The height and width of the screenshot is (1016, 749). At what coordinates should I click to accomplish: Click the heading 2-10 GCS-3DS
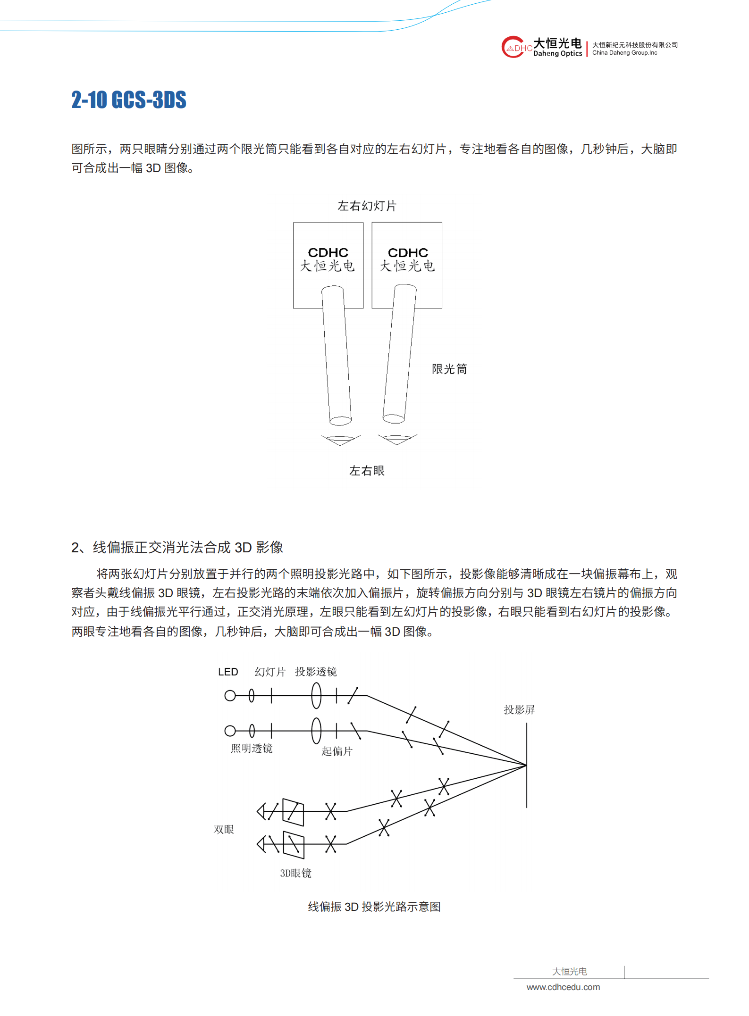coord(129,100)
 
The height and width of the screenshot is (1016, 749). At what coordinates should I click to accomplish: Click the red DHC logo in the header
coord(515,47)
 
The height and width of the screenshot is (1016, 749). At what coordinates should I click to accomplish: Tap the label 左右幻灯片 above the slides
coord(367,206)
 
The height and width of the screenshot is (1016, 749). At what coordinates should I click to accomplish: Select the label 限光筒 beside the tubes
coord(449,369)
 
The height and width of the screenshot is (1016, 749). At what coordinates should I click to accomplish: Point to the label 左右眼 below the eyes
coord(367,471)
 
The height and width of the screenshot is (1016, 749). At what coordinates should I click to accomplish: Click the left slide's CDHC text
coord(328,253)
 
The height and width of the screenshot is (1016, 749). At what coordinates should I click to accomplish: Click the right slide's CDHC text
coord(408,253)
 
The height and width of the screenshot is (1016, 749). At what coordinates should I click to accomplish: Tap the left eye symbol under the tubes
coord(341,440)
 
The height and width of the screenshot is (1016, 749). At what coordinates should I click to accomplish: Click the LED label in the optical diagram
coord(228,672)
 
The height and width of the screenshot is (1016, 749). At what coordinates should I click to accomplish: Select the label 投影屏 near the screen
coord(519,710)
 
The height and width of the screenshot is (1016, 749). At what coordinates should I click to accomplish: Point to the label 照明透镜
coord(252,749)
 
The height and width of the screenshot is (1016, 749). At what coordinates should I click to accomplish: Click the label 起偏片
coord(337,751)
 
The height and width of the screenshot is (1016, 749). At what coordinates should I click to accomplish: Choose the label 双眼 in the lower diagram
coord(224,830)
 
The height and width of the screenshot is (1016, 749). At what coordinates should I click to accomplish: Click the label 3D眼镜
coord(295,873)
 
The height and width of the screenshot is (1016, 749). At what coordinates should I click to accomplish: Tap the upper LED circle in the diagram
coord(230,696)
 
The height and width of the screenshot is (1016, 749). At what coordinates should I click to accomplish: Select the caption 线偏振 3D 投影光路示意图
coord(374,907)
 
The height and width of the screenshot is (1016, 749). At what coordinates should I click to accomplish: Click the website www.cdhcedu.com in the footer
coord(563,987)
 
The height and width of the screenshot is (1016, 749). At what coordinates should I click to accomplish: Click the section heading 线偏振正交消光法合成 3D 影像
coord(187,547)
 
